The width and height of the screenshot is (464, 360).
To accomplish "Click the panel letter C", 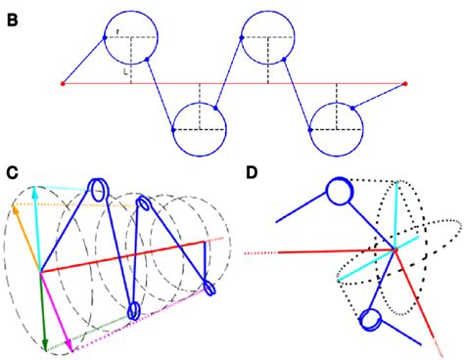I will coord(13,173).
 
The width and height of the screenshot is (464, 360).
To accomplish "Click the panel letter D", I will coord(252,173).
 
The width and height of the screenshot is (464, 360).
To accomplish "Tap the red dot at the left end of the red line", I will coord(64,83).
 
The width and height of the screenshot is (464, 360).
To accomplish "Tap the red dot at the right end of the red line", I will coord(404,83).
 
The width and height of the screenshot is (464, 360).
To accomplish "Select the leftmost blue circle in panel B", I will coord(131,37).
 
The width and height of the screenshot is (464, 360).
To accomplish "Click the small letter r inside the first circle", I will coord(116,32).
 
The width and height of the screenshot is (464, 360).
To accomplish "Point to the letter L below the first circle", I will coord(125,70).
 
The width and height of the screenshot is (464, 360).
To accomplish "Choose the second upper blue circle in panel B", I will coord(268,37).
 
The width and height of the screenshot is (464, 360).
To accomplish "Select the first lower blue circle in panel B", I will coord(200,129).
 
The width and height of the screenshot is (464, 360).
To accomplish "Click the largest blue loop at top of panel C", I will coord(99,191).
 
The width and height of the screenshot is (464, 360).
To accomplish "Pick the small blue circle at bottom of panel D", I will coord(371,320).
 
